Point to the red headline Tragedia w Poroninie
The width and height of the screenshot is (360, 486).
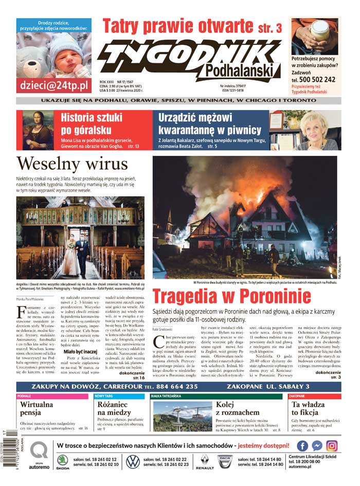(231, 297)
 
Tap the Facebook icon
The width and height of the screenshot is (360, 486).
(303, 446)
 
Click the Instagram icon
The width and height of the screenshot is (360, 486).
(332, 446)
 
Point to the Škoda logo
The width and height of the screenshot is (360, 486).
(63, 462)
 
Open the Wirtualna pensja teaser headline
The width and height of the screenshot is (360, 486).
(37, 408)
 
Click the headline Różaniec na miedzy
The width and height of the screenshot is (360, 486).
(114, 408)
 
